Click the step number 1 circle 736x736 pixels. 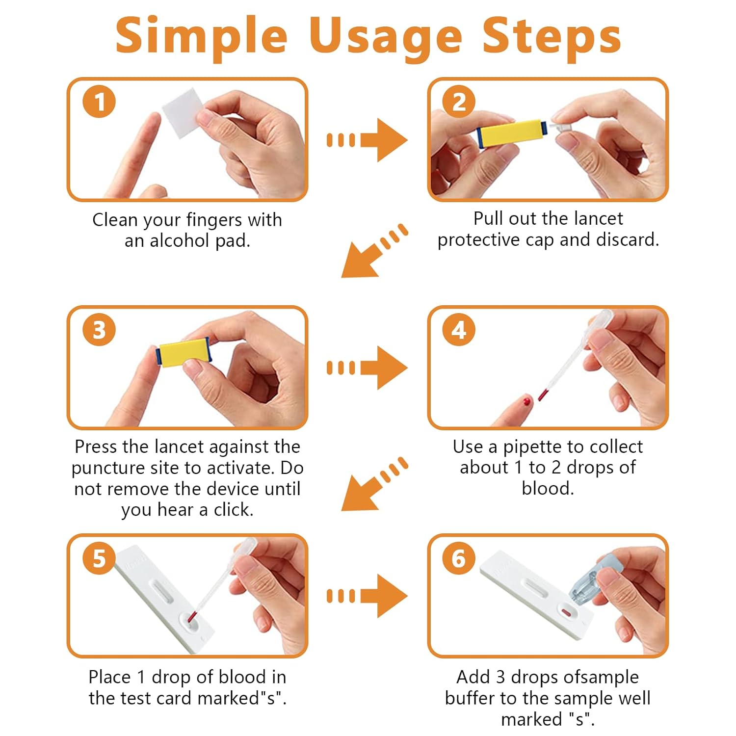(x=99, y=102)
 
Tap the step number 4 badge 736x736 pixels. (x=459, y=330)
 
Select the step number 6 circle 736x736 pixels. (x=459, y=558)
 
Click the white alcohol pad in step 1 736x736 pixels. (x=183, y=112)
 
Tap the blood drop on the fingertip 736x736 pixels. (x=527, y=402)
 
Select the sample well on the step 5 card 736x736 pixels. (x=191, y=621)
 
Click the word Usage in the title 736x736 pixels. (x=385, y=37)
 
